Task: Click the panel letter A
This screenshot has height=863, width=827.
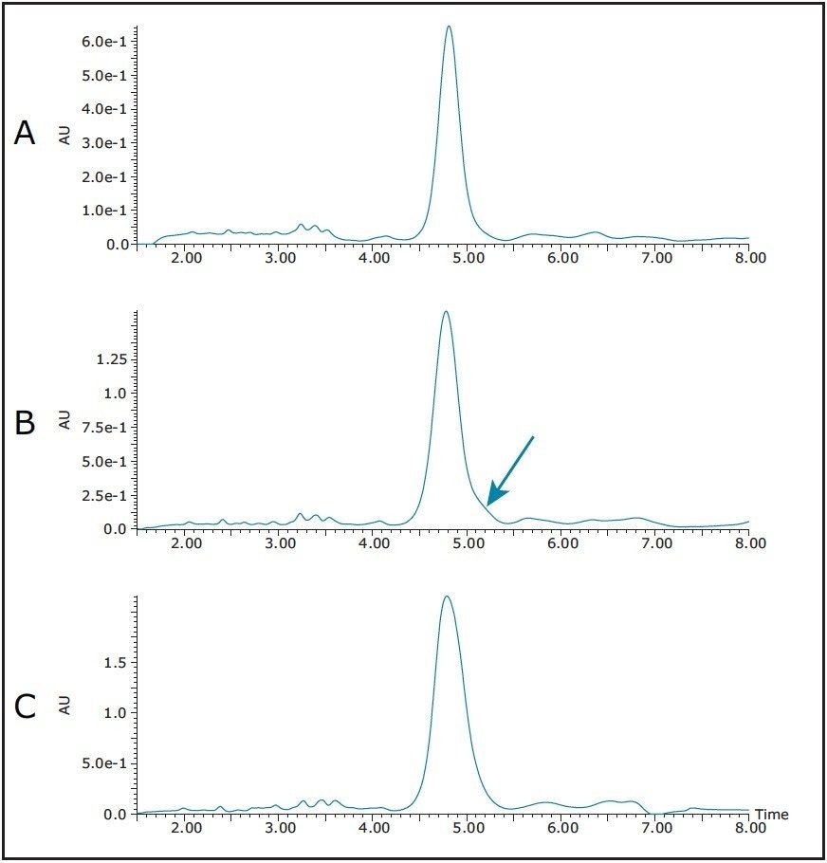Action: (25, 134)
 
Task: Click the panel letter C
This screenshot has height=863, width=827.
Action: (25, 707)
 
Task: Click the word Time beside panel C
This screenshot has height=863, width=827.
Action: (771, 815)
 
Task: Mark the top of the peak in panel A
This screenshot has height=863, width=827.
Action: (449, 27)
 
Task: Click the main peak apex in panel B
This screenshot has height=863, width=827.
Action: (445, 312)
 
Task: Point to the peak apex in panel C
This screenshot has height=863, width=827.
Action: (446, 597)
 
